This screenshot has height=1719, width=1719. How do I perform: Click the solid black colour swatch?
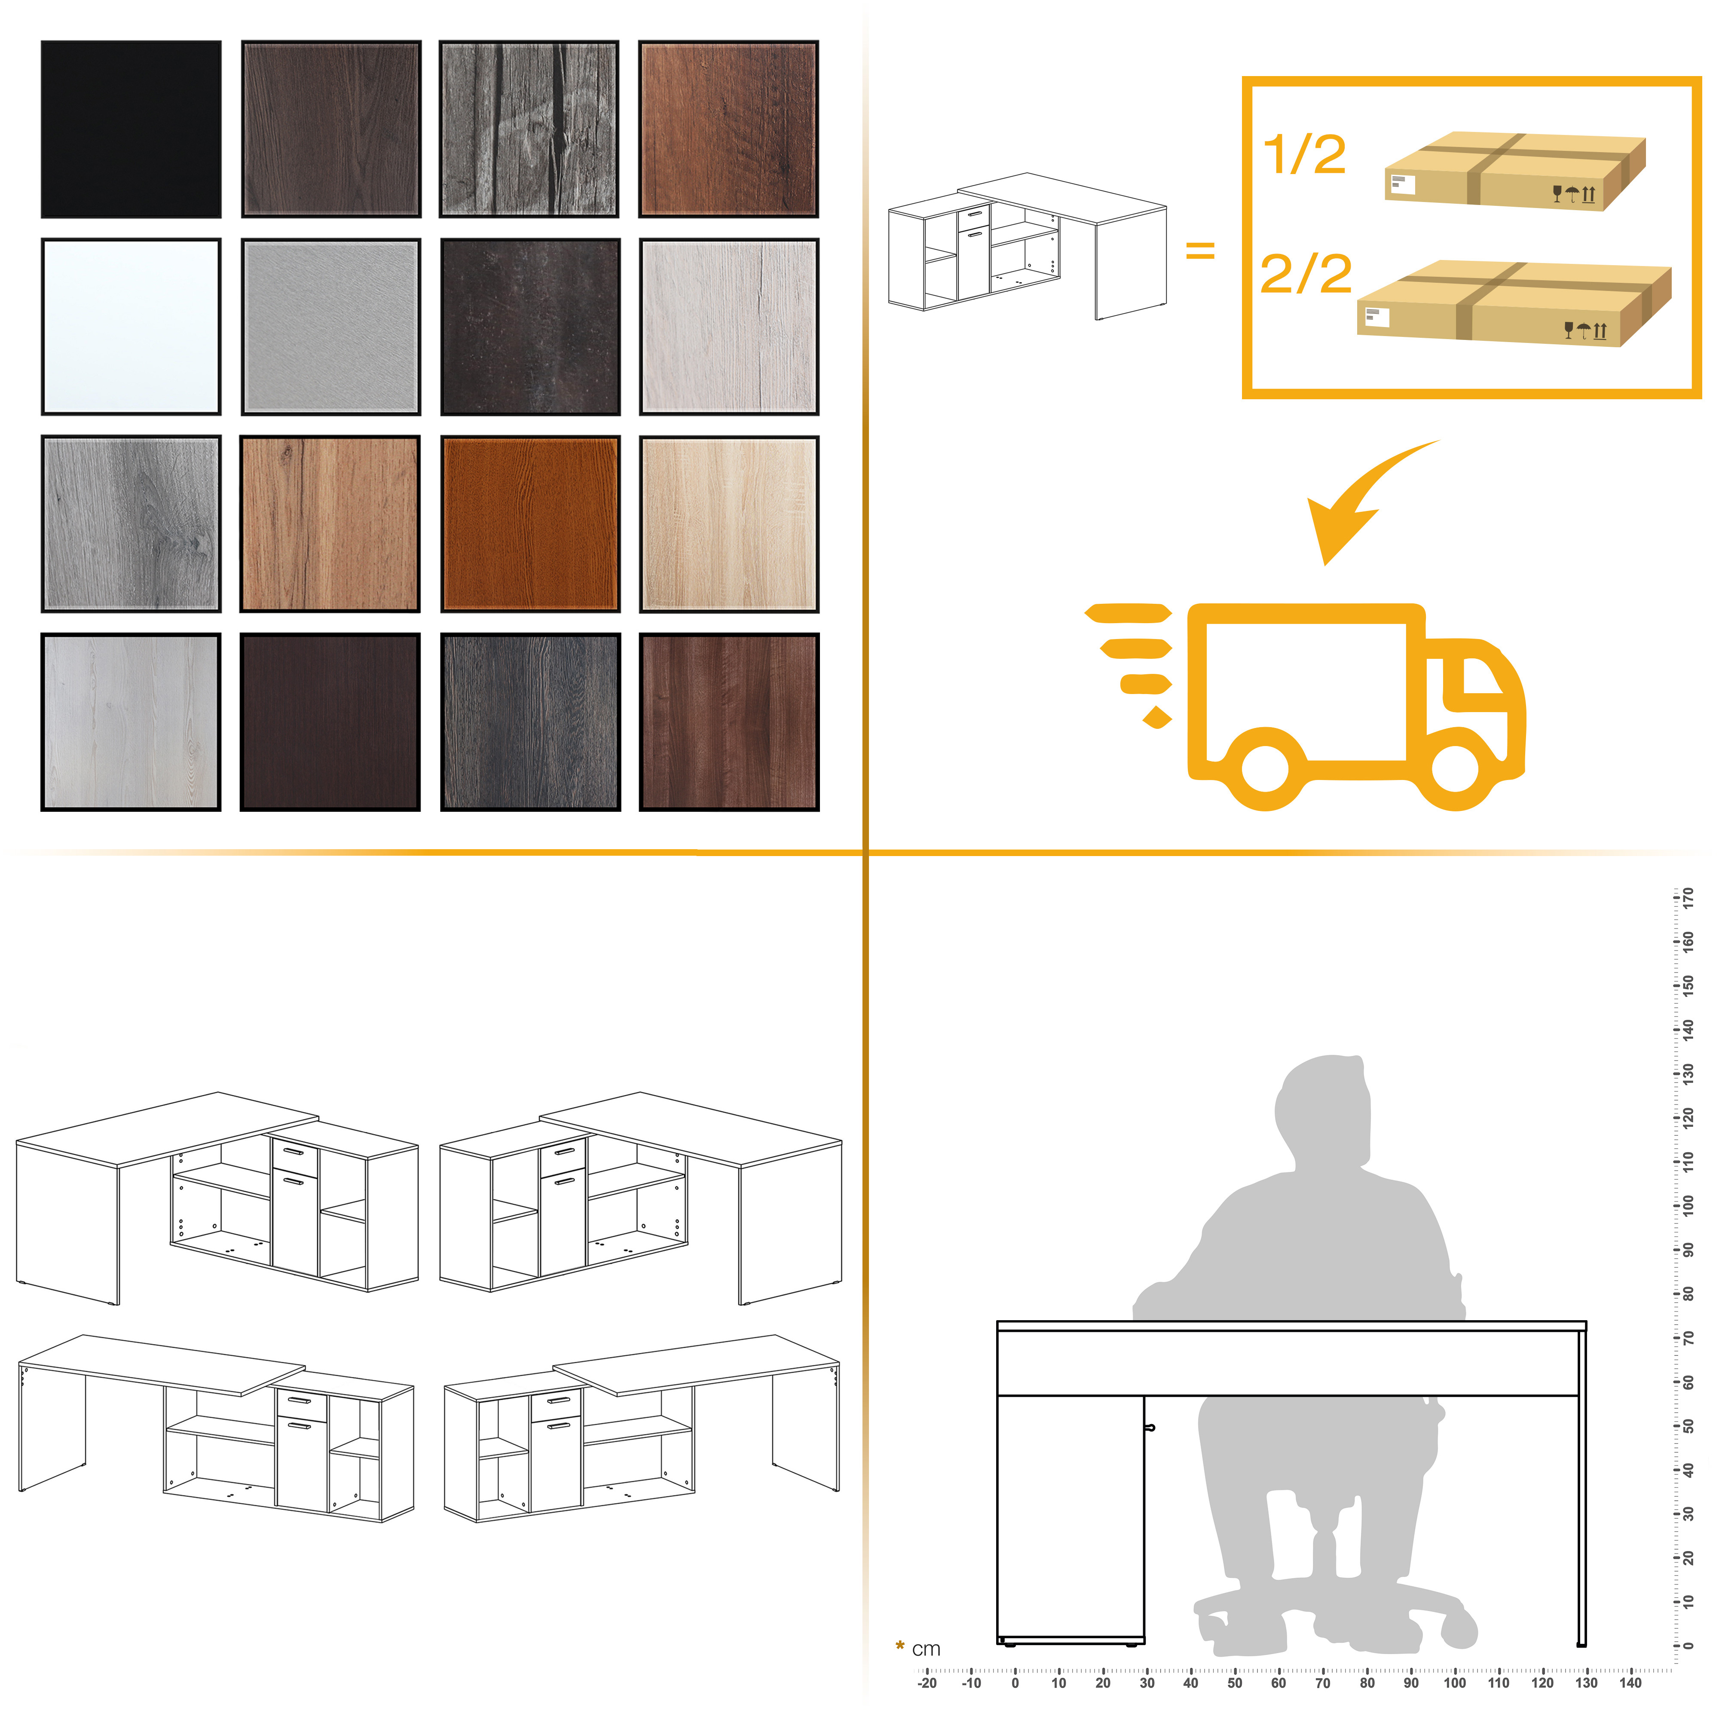tap(131, 129)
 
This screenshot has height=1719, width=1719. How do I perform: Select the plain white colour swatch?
tap(131, 327)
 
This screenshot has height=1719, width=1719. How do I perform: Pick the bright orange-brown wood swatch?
tap(530, 524)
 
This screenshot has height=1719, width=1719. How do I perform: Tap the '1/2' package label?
tap(1304, 155)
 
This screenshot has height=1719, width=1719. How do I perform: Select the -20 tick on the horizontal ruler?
tap(927, 1673)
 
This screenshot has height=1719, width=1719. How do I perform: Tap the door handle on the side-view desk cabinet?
tap(1150, 1428)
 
